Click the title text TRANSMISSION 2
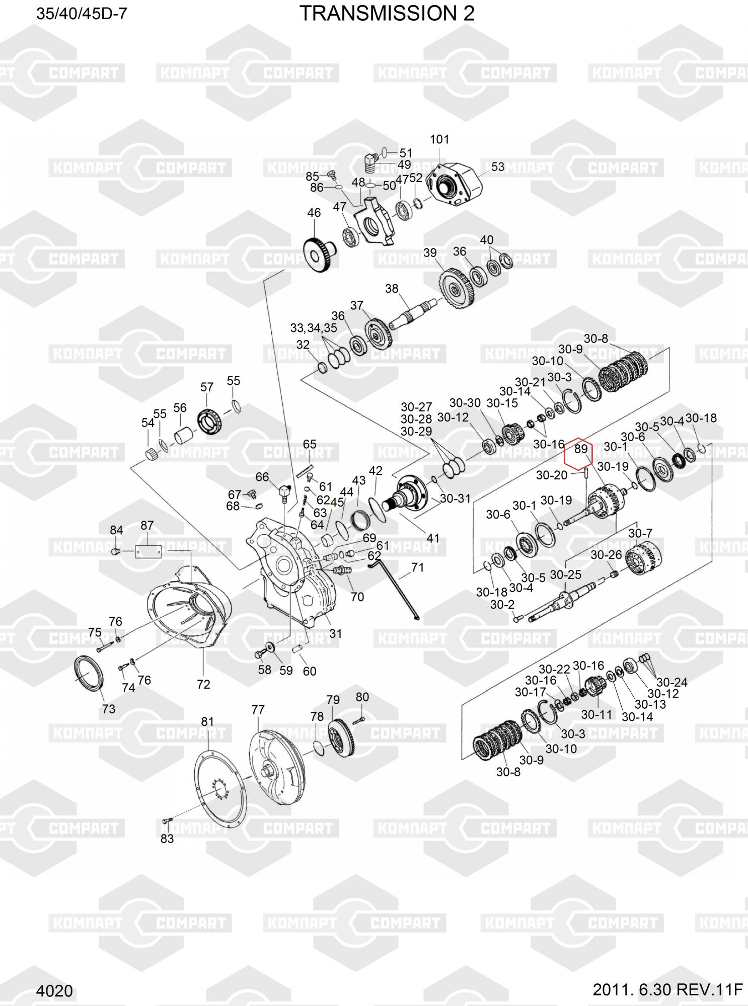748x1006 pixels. [x=387, y=14]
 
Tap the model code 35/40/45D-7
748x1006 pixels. [x=82, y=14]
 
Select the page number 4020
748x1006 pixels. [x=54, y=990]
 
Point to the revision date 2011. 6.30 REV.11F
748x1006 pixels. [x=667, y=989]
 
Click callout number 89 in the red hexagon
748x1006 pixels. [x=581, y=448]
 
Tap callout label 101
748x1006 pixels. [x=439, y=139]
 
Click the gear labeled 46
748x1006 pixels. [x=319, y=255]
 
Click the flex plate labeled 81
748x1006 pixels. [x=221, y=789]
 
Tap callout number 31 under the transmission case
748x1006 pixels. [x=336, y=634]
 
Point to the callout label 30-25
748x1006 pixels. [x=566, y=574]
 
